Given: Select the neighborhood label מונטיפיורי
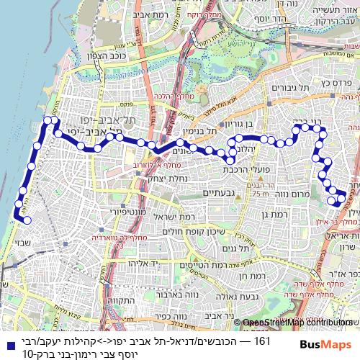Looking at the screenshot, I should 109,212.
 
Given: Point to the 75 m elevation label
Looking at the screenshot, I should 259,193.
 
